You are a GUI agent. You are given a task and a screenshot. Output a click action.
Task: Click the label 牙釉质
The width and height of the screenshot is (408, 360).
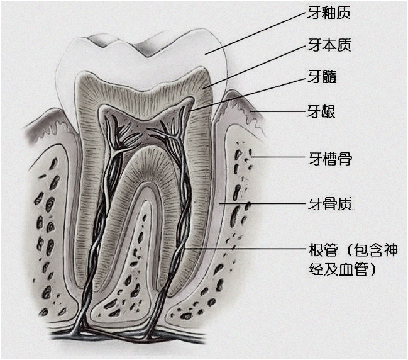coord(329,14)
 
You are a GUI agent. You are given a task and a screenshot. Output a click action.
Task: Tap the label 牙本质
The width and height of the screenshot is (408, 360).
coord(329,45)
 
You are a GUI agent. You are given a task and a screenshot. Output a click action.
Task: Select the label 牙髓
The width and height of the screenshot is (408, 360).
coord(322,77)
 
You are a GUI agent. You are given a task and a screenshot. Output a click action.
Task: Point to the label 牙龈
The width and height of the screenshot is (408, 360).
coord(321,112)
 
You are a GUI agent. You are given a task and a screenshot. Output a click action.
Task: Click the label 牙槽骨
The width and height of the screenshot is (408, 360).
coord(329,157)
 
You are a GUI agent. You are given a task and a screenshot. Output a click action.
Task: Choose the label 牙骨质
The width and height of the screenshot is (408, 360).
coord(329,203)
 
